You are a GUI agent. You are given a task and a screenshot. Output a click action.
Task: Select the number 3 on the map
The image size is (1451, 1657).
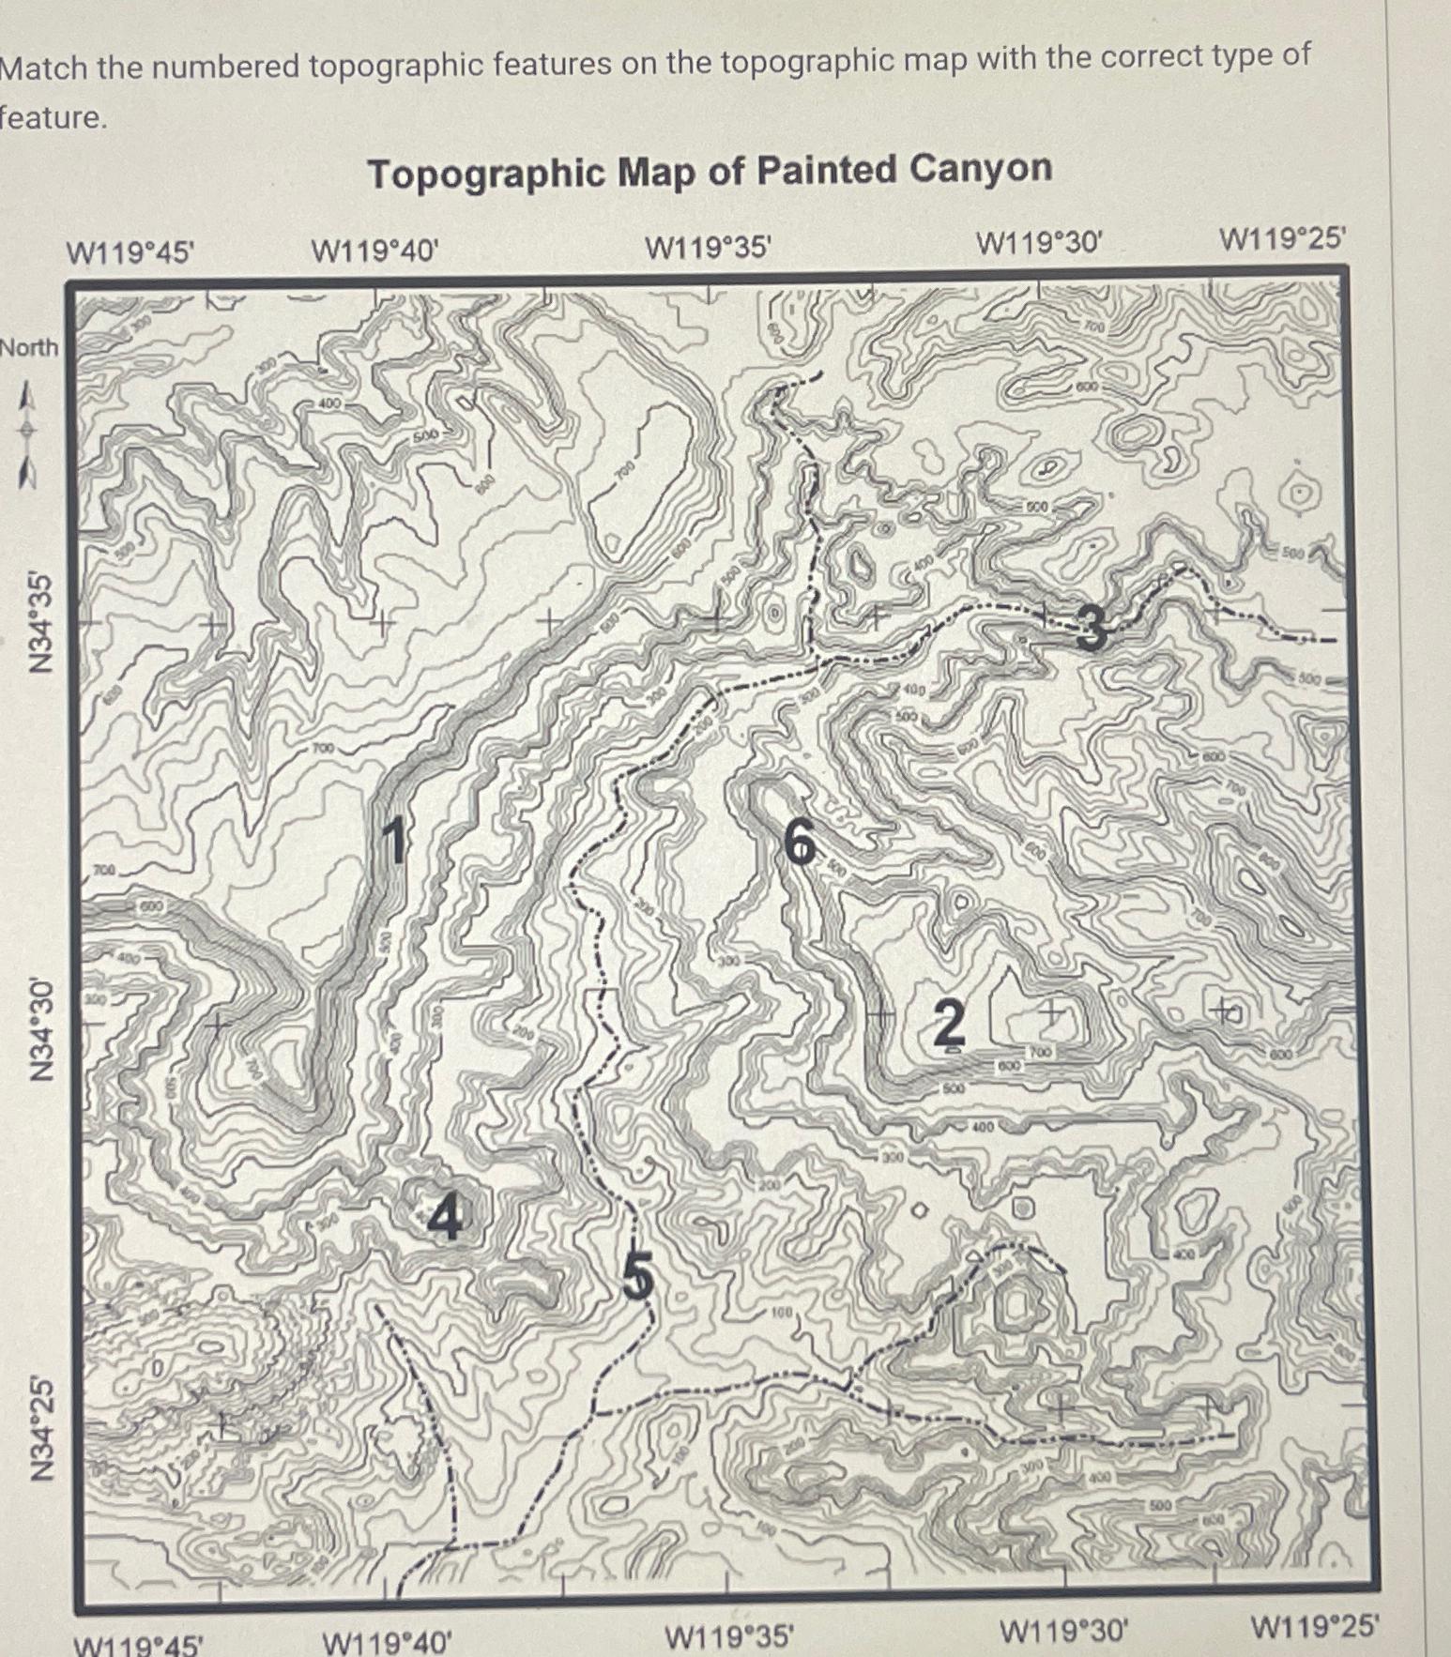coord(1090,627)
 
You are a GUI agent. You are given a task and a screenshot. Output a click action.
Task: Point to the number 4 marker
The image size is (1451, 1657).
coord(446,1218)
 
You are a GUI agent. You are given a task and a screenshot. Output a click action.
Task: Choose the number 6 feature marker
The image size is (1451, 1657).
coord(801,840)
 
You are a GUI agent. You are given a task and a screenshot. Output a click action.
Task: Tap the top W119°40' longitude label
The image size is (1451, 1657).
coord(374,251)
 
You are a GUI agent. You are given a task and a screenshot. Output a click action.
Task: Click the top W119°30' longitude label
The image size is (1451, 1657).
coord(1036,244)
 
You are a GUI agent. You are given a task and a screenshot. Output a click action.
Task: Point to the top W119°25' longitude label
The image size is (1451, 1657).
coord(1283,239)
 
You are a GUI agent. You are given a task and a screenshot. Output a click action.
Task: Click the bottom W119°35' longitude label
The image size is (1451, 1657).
coord(729,1637)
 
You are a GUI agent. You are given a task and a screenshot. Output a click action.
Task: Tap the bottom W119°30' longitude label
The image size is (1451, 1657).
coord(1063,1631)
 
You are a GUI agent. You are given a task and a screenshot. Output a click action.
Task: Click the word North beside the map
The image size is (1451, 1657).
coord(29,348)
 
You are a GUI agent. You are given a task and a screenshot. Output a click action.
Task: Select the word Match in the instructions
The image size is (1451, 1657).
coord(43,68)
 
